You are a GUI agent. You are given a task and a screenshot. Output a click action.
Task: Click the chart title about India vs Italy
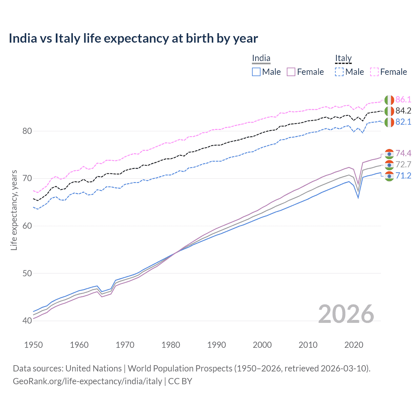[x=133, y=38]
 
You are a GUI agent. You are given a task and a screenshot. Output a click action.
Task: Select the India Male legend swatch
[x=256, y=72]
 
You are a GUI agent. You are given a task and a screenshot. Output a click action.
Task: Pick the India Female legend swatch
[x=291, y=72]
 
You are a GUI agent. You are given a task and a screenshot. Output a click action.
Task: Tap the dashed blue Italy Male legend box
[x=339, y=72]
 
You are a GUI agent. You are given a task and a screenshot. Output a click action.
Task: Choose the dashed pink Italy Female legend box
[x=374, y=72]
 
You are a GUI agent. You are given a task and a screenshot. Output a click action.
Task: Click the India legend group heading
[x=261, y=58]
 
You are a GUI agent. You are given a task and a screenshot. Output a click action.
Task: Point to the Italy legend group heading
[x=343, y=58]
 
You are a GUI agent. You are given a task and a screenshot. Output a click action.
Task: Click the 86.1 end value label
[x=403, y=100]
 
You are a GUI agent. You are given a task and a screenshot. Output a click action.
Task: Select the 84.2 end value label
[x=403, y=111]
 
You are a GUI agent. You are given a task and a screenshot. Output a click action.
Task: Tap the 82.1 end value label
[x=403, y=122]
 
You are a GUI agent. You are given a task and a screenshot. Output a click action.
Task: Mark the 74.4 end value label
[x=403, y=154]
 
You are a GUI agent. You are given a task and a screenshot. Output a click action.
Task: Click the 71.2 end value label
[x=403, y=176]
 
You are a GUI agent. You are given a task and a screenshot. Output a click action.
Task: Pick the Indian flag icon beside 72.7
[x=389, y=165]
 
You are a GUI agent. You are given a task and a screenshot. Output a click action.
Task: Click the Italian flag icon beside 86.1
[x=389, y=100]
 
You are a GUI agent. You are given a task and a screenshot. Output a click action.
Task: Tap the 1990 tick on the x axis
[x=217, y=345]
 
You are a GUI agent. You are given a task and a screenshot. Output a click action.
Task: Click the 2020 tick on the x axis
[x=354, y=345]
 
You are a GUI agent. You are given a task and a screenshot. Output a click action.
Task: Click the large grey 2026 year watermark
[x=346, y=314]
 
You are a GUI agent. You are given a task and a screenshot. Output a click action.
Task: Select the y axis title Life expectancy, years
[x=14, y=210]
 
